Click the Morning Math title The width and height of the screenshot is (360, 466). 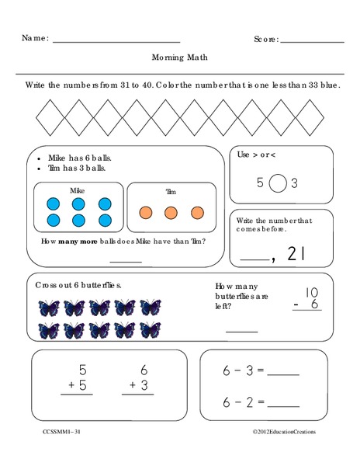coord(180,57)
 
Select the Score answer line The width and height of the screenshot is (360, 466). coord(312,40)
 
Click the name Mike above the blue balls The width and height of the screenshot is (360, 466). coord(77,190)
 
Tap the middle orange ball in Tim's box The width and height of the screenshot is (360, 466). coord(171,211)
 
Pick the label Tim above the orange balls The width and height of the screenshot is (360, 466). coord(171,191)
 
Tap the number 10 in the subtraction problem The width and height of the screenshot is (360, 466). coord(312,293)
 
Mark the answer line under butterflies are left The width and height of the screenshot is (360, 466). coord(241,332)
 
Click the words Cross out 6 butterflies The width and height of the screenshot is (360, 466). coord(78,285)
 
